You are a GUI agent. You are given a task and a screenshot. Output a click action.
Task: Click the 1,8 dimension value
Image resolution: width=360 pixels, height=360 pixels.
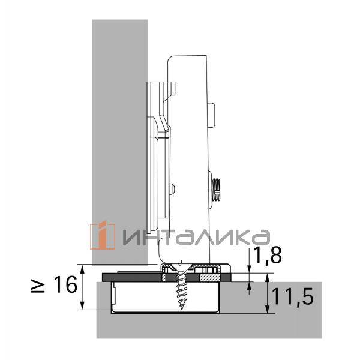coord(268,256)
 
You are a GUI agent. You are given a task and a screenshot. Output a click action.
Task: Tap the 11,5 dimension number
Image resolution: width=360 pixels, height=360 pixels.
coord(292,298)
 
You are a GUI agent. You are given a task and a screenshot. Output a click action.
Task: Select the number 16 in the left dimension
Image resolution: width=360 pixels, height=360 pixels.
coord(65,284)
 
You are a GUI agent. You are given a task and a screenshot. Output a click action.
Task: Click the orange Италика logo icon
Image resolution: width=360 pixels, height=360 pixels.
coord(103,236)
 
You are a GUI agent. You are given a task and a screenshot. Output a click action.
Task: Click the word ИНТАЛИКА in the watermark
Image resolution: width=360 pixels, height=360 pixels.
coord(196,238)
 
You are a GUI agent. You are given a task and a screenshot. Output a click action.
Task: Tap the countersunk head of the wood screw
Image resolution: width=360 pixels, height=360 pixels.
coord(181,269)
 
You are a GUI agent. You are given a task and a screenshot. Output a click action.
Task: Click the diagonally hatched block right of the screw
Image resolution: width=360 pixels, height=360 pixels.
coord(209,277)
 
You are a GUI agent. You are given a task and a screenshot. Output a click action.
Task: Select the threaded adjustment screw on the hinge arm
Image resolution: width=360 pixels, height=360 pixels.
coord(215,190)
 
